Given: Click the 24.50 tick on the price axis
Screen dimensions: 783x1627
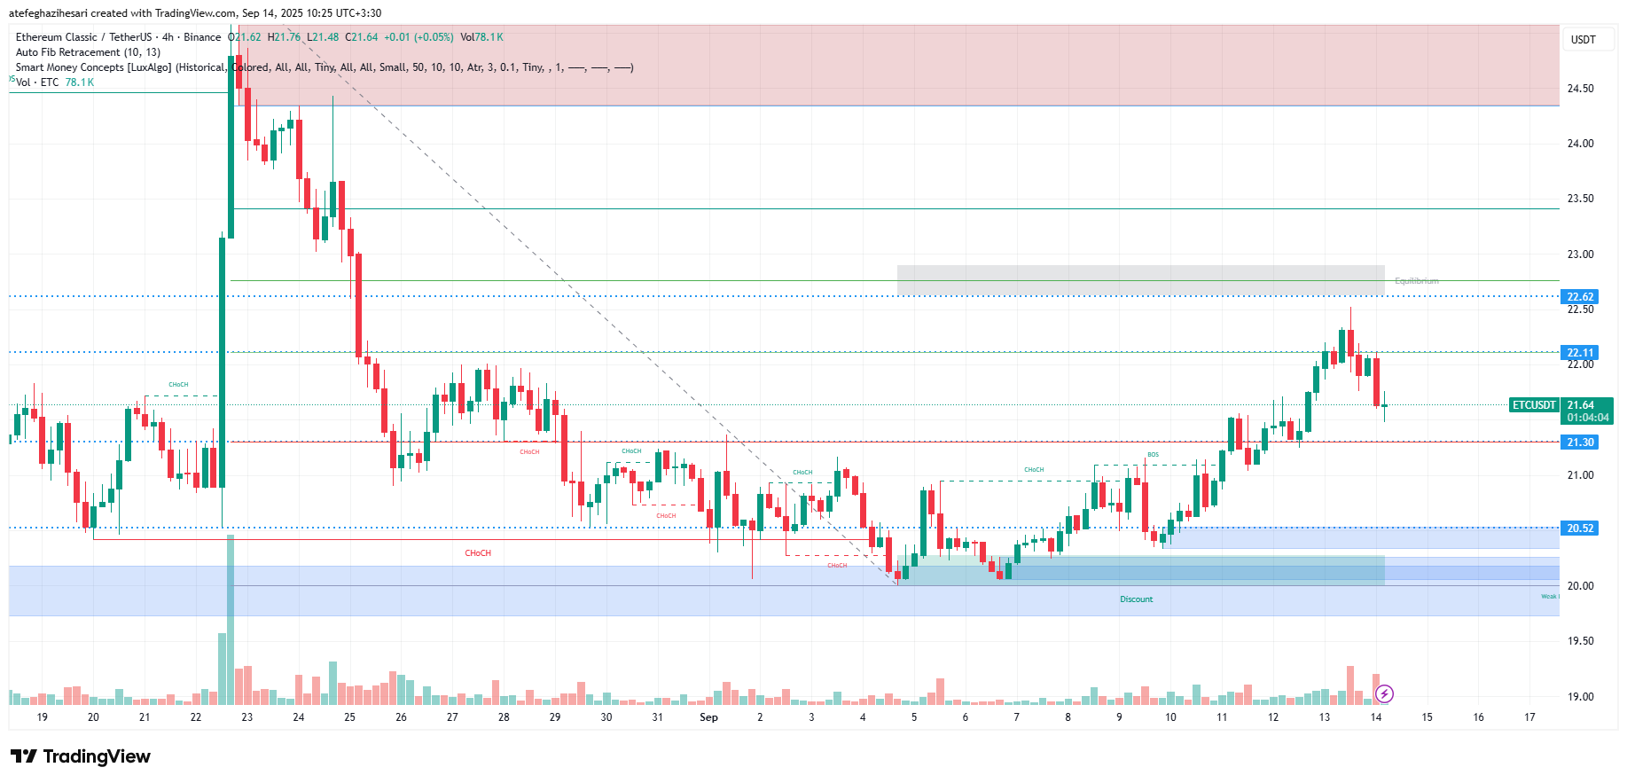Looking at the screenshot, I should (1580, 89).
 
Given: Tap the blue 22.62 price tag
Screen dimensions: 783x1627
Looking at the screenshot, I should (1579, 297).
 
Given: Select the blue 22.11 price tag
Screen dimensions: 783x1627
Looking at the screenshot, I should (1579, 353).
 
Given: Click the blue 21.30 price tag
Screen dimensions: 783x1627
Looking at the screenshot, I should (1579, 442).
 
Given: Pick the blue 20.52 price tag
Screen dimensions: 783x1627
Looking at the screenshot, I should (1579, 529).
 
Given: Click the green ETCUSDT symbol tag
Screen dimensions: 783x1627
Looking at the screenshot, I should (1534, 405).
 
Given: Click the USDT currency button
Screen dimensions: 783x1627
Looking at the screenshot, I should (1583, 40).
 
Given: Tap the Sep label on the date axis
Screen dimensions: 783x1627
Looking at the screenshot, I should (708, 717).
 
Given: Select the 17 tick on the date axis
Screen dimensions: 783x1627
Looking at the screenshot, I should (1529, 717).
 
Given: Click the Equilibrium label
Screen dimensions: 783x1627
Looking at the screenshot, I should (1416, 281).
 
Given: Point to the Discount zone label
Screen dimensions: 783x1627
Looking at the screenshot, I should (1136, 599).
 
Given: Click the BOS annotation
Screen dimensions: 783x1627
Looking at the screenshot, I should (1153, 455).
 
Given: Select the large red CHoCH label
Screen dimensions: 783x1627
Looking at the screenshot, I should (478, 553).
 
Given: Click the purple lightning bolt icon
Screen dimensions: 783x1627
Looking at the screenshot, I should (1384, 693).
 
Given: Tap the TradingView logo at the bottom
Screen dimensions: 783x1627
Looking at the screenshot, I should (81, 756).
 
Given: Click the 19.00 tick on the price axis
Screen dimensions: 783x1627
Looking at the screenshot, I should (1580, 697).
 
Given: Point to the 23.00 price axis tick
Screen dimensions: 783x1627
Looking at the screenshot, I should (1580, 254).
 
